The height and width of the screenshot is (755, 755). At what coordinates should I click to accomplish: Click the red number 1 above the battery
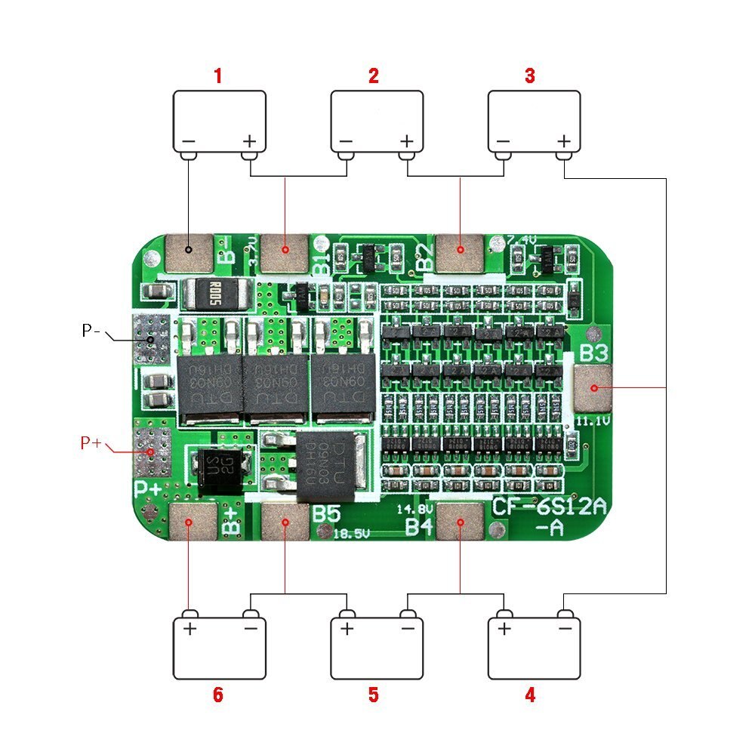[218, 75]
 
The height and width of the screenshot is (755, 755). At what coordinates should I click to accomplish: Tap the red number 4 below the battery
[530, 695]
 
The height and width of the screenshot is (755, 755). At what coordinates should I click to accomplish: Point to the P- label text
[92, 331]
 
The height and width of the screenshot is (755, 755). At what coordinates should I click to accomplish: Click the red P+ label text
[91, 442]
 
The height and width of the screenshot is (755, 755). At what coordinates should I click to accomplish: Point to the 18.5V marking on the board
[352, 533]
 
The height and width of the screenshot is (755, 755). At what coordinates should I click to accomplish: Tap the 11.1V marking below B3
[593, 420]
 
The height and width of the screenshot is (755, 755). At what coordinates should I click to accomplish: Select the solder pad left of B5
[285, 522]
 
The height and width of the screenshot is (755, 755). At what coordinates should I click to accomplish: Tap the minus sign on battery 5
[408, 628]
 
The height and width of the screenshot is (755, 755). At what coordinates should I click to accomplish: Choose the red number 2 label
[373, 75]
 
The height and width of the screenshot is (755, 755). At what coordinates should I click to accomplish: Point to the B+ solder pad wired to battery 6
[189, 523]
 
